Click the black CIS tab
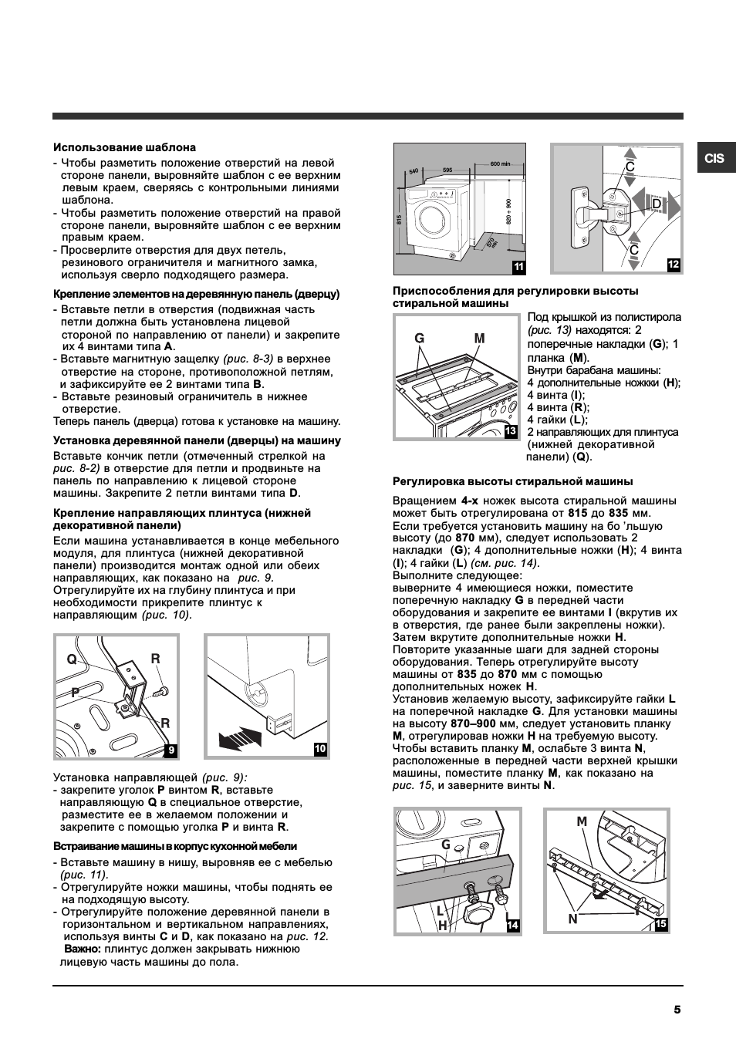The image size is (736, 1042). (716, 158)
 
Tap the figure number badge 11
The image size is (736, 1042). (518, 267)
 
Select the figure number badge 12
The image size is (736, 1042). (674, 265)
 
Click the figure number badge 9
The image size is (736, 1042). (171, 750)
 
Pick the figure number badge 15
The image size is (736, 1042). (660, 923)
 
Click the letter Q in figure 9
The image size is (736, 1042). (72, 659)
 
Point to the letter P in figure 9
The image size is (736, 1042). (75, 693)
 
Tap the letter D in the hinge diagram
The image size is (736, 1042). (657, 204)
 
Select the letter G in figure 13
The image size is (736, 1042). (419, 338)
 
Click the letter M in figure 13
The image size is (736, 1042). (479, 338)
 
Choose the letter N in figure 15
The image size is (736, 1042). (572, 919)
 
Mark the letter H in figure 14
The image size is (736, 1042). (442, 926)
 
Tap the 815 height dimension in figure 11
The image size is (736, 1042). (399, 220)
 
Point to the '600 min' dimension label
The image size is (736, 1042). (500, 164)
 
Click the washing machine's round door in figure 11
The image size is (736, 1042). (434, 218)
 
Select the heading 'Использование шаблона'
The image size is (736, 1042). (125, 147)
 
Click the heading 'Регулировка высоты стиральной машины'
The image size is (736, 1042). (513, 481)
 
